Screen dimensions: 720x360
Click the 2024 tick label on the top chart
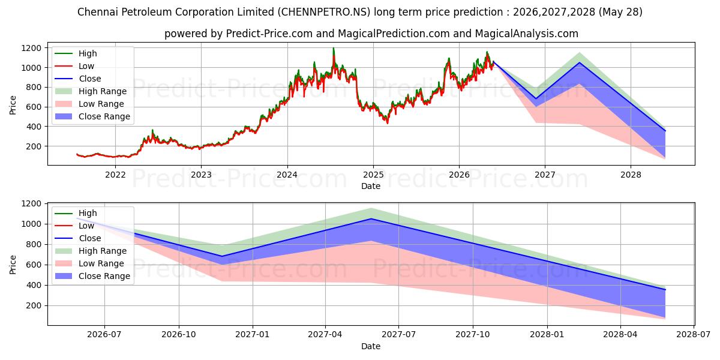tap(287, 175)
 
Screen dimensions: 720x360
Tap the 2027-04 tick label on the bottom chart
tap(325, 335)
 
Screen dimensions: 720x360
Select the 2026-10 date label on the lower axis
tap(179, 335)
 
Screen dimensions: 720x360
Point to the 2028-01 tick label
tap(547, 335)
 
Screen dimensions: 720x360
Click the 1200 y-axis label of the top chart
tap(31, 48)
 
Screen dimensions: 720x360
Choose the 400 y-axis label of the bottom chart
tap(34, 285)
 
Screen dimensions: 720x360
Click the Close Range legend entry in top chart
tap(92, 116)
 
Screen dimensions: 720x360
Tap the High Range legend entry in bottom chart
tap(91, 251)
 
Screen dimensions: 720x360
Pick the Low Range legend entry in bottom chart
tap(89, 263)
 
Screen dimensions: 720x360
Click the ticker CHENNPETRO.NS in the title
tap(324, 12)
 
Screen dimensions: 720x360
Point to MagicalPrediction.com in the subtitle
tap(394, 34)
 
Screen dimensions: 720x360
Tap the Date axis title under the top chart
tap(371, 186)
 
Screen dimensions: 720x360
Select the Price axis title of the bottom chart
tap(13, 265)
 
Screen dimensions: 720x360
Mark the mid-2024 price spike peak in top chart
tap(334, 48)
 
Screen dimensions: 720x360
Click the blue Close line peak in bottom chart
tap(371, 218)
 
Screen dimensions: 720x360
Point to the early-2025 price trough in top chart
tap(388, 123)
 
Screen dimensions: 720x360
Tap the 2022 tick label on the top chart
tap(115, 175)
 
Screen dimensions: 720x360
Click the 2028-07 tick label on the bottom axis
tap(694, 335)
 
